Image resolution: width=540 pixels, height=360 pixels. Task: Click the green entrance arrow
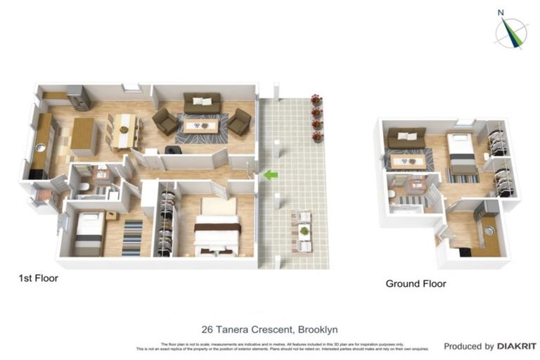[x=270, y=174]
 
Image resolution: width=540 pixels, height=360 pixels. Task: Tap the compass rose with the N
[x=511, y=31]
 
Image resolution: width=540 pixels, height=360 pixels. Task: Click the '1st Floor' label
[x=38, y=278]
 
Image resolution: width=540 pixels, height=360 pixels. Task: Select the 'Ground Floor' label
[x=416, y=284]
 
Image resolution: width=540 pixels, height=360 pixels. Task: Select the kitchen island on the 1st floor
[x=84, y=136]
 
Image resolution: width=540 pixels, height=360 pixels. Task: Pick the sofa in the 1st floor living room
[x=202, y=103]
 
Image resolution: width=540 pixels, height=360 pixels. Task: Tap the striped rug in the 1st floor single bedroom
[x=132, y=238]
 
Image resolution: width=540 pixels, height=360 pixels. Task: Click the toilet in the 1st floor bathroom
[x=83, y=187]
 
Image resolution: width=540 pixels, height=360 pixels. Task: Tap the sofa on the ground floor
[x=406, y=137]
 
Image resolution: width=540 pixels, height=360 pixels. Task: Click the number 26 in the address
[x=207, y=330]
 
